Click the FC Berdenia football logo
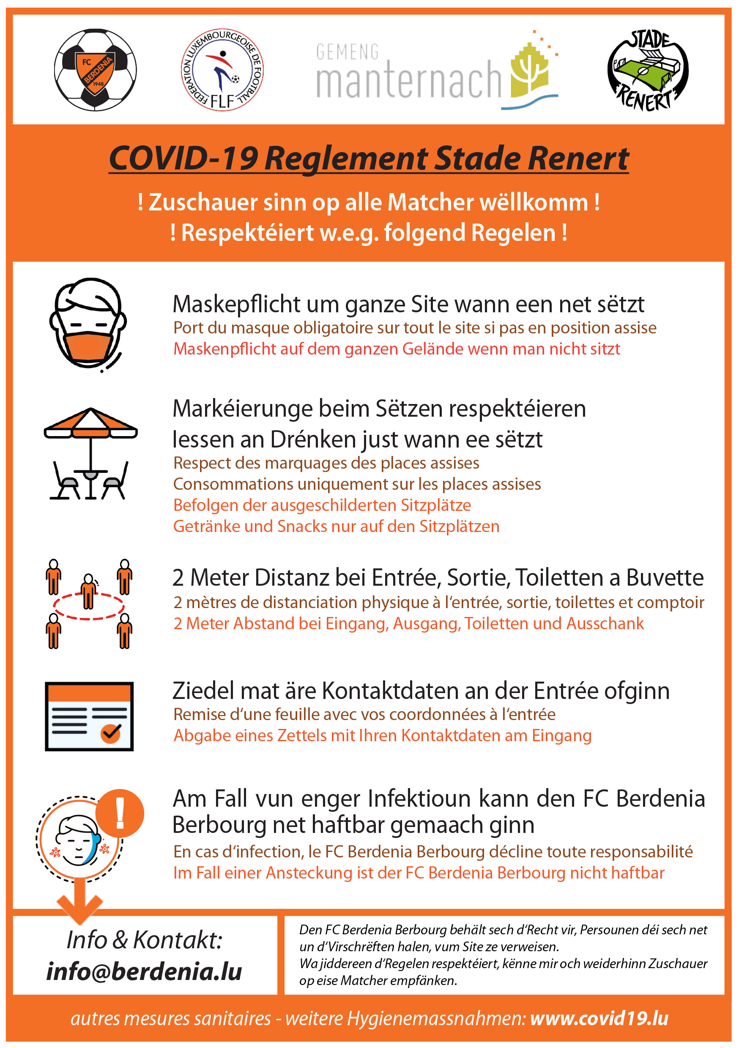click(95, 69)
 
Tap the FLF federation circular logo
click(222, 69)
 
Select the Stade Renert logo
click(647, 70)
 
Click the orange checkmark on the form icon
click(110, 733)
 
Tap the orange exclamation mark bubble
click(120, 813)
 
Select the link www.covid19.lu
click(599, 1018)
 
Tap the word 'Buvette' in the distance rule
click(665, 578)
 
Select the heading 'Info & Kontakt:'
click(144, 940)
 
